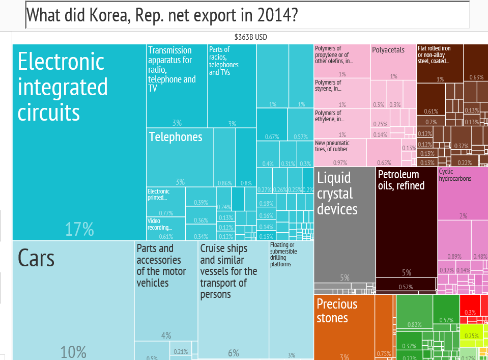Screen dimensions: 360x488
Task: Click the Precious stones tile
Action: click(x=344, y=326)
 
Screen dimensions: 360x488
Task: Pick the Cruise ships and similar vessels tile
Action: click(x=233, y=300)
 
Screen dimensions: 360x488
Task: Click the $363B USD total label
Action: click(x=250, y=37)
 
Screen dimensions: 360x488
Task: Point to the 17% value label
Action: click(x=79, y=230)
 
